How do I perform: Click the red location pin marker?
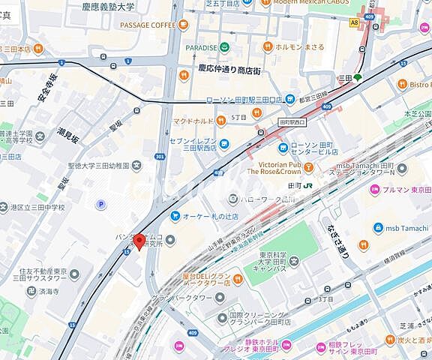pyautogui.click(x=139, y=241)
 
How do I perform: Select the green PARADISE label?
pyautogui.click(x=202, y=47)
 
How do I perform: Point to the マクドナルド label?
pyautogui.click(x=194, y=119)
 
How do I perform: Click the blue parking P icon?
pyautogui.click(x=101, y=204)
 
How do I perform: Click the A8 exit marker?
pyautogui.click(x=354, y=23)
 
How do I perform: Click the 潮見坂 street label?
pyautogui.click(x=68, y=136)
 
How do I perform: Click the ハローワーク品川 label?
pyautogui.click(x=261, y=199)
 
